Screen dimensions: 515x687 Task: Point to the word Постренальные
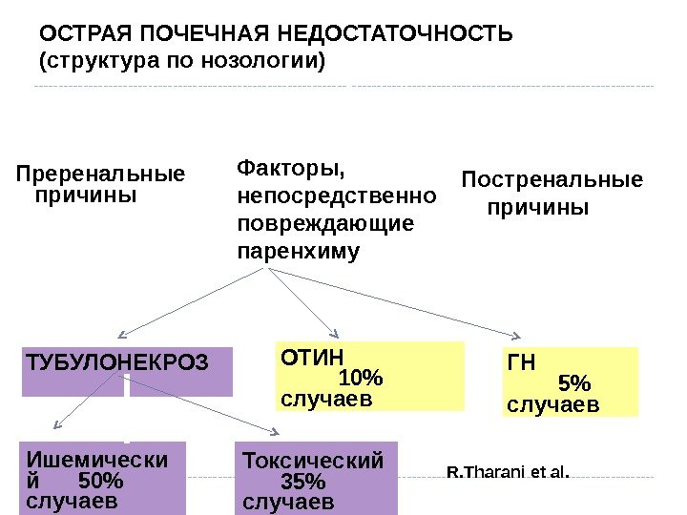[552, 180]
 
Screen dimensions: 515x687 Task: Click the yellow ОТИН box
[369, 376]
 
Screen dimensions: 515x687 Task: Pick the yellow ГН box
[569, 382]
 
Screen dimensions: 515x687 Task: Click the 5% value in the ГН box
[573, 383]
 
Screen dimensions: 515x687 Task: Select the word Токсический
[313, 461]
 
